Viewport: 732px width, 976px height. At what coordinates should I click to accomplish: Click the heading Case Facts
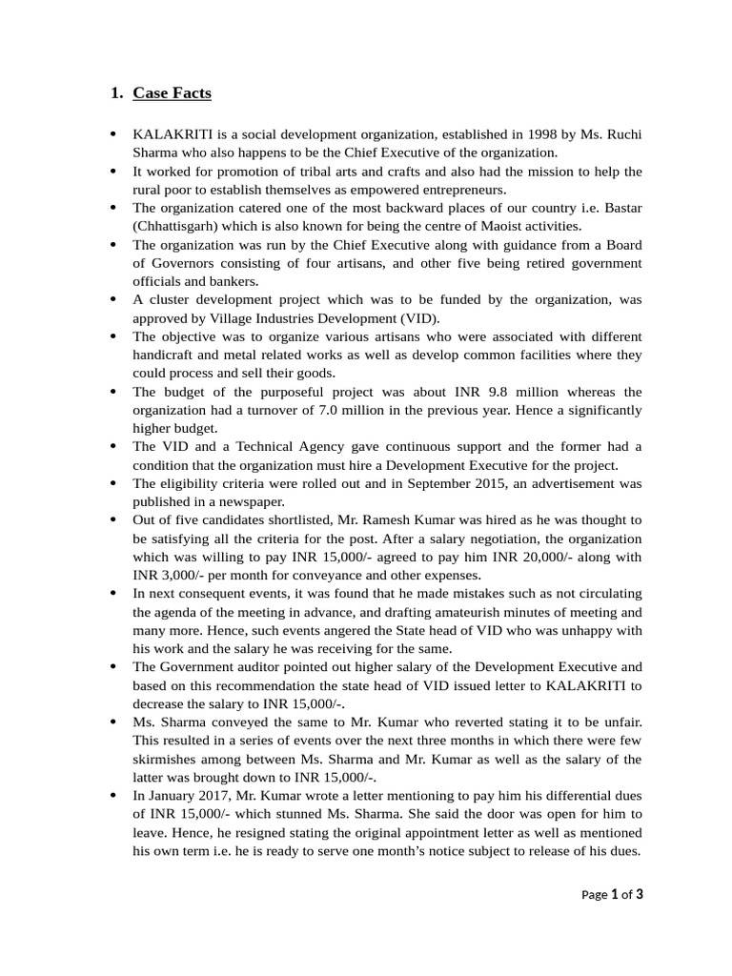(x=172, y=93)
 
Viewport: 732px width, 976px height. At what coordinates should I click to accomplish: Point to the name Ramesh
(x=399, y=519)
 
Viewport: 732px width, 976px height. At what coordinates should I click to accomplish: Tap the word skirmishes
(x=168, y=759)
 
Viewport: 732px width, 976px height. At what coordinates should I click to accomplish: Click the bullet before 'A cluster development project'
(x=114, y=298)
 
